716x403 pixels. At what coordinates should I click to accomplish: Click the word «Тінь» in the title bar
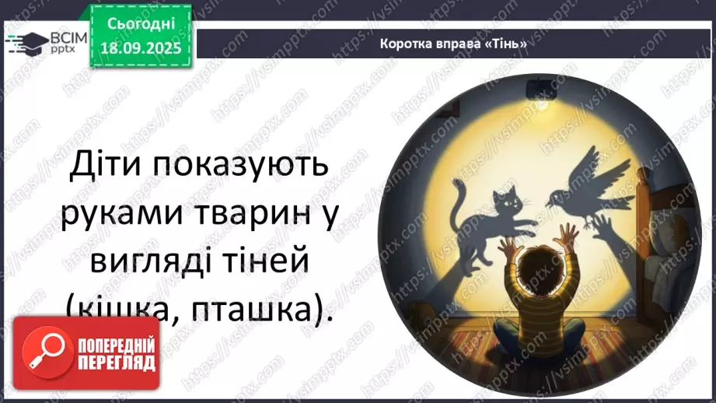pyautogui.click(x=508, y=44)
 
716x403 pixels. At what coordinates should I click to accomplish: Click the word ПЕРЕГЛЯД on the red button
pyautogui.click(x=117, y=363)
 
